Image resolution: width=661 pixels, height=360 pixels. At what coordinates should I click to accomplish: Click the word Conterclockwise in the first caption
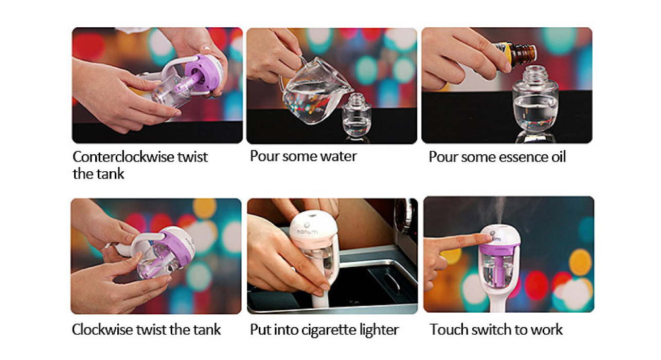123,157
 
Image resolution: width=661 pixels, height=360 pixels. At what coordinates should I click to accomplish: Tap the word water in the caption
339,156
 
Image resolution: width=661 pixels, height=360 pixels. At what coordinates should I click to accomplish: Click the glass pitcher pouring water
314,91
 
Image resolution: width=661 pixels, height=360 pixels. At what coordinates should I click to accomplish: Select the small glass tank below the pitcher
357,115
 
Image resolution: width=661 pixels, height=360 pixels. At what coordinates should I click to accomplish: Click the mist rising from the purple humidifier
497,212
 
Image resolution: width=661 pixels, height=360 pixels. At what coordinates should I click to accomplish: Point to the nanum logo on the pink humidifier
308,232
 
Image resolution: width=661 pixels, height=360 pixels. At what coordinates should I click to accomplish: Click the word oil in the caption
559,157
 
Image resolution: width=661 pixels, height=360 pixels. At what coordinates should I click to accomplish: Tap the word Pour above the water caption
264,156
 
